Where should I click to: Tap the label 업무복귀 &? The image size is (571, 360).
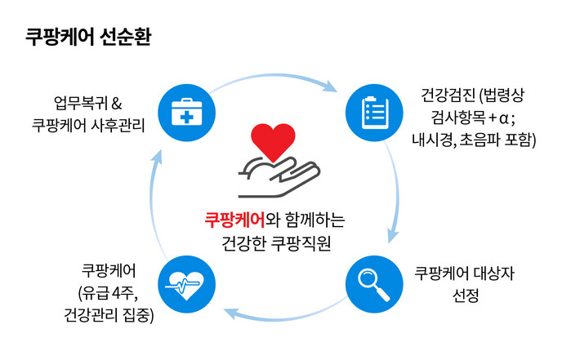87,104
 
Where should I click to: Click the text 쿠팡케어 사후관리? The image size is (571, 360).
87,125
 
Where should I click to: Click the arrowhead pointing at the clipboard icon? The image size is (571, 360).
332,84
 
